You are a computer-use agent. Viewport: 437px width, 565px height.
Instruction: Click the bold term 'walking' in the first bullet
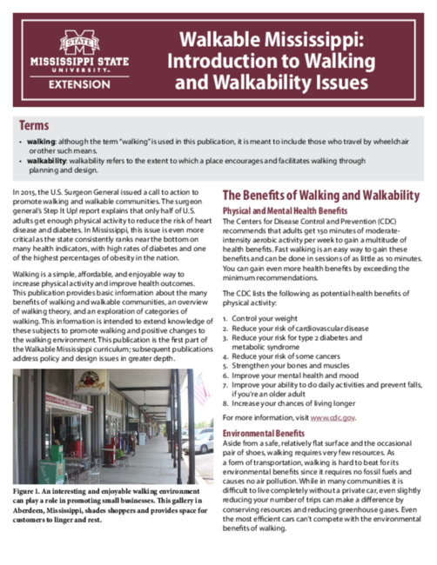click(40, 141)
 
